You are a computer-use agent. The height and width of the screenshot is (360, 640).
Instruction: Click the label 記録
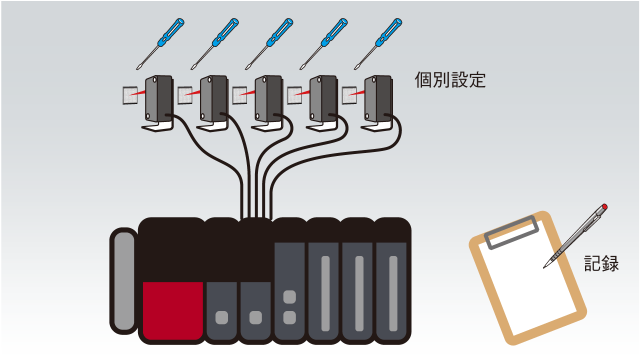[601, 263]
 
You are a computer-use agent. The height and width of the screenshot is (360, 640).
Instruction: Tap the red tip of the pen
[604, 206]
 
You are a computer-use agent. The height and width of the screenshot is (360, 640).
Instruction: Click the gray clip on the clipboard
[511, 232]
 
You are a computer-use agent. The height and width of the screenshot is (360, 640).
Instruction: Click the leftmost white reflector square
[130, 95]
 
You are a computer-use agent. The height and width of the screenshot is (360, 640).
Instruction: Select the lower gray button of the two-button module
[289, 317]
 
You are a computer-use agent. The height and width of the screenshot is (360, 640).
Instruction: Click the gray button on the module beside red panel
[221, 317]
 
